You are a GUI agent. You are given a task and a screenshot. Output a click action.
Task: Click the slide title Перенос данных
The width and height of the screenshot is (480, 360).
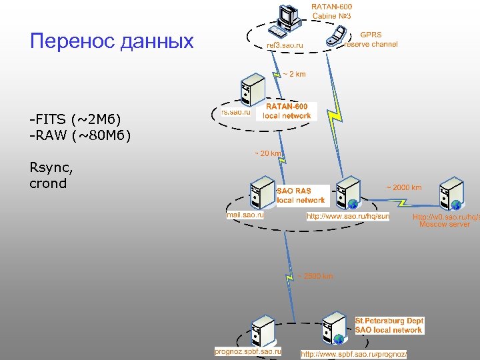pyautogui.click(x=112, y=41)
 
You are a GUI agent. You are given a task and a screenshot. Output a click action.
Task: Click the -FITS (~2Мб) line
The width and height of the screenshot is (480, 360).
pyautogui.click(x=75, y=119)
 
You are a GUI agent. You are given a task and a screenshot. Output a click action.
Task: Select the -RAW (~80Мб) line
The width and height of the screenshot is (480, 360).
pyautogui.click(x=80, y=136)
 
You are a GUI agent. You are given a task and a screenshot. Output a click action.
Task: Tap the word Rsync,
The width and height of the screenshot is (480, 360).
pyautogui.click(x=51, y=167)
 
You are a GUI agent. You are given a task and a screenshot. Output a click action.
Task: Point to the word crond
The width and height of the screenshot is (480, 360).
pyautogui.click(x=48, y=183)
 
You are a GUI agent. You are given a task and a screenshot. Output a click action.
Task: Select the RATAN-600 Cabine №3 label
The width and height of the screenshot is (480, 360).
pyautogui.click(x=331, y=11)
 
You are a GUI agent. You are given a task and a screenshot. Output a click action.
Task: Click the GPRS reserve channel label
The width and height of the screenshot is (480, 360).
pyautogui.click(x=371, y=39)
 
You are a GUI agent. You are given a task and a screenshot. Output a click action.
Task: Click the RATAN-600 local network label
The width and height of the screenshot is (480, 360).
pyautogui.click(x=287, y=111)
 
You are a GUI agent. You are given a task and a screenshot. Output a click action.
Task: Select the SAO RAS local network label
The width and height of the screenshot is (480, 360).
pyautogui.click(x=301, y=195)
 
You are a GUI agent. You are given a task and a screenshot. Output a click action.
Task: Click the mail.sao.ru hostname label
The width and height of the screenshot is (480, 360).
pyautogui.click(x=245, y=215)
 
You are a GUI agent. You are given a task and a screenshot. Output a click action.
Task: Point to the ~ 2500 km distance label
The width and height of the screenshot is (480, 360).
pyautogui.click(x=315, y=276)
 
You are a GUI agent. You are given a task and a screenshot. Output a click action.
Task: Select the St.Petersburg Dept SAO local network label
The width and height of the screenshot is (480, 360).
pyautogui.click(x=389, y=325)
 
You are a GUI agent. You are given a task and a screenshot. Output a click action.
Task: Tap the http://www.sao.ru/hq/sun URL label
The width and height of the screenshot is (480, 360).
pyautogui.click(x=347, y=217)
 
